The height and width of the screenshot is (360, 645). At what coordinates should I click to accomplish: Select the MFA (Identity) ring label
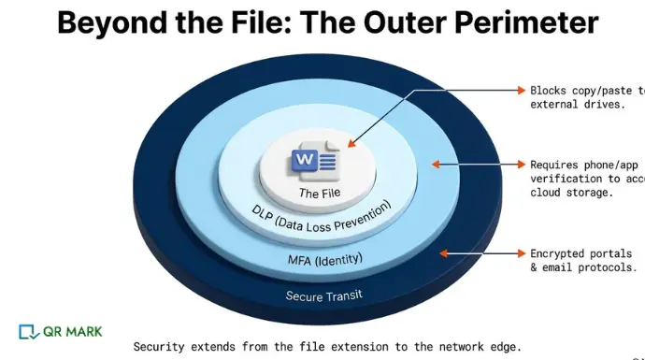pos(323,258)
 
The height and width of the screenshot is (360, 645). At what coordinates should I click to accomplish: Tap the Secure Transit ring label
pos(322,295)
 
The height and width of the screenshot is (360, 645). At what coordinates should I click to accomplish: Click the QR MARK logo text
pos(72,331)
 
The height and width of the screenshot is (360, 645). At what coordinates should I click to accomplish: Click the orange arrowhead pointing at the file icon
pos(352,144)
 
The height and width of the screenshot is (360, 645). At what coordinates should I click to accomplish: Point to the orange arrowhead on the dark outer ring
pos(444,252)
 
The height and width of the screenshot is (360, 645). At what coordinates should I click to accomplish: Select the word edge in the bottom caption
pos(503,346)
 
